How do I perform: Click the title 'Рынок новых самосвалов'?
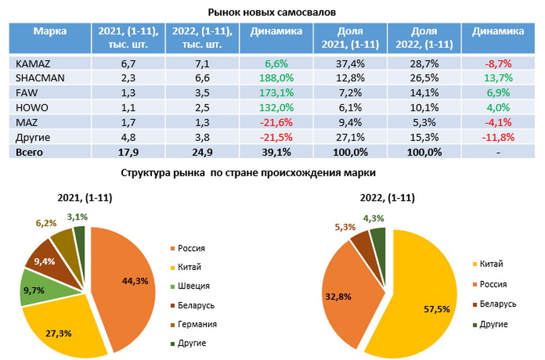coord(272,11)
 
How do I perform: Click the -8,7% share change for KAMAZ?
coord(497,64)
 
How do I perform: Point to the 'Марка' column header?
coord(50,31)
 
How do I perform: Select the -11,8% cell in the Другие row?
coord(497,137)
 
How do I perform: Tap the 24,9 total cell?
coord(202,152)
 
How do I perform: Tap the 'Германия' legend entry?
coord(197,324)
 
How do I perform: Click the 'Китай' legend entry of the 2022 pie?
coord(490,264)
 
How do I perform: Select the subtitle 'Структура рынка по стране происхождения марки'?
coord(247,173)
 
